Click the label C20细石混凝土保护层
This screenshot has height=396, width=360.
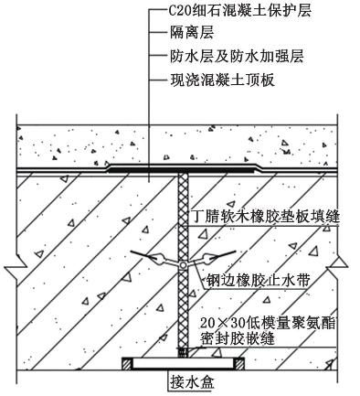click(x=240, y=11)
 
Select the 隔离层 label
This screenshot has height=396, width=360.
click(x=192, y=33)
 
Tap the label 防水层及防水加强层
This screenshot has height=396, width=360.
click(x=237, y=57)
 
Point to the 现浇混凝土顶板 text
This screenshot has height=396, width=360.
click(x=222, y=80)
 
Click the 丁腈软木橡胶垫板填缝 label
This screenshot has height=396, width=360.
click(x=264, y=217)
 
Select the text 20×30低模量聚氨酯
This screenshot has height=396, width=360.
click(x=268, y=323)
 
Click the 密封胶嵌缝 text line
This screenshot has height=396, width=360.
click(x=238, y=338)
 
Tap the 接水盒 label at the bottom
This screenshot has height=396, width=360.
click(x=192, y=382)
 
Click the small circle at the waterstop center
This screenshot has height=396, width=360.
click(x=183, y=265)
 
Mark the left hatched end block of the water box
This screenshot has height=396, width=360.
click(x=127, y=364)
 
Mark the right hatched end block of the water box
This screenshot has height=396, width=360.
click(x=239, y=364)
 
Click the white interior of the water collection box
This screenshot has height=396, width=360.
click(x=184, y=364)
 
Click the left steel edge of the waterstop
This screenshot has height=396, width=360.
click(x=143, y=256)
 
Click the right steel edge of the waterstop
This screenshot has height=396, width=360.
click(x=222, y=256)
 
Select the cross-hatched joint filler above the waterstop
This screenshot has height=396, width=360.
click(x=183, y=217)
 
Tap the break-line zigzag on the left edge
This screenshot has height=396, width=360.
click(x=16, y=268)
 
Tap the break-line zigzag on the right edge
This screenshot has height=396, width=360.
click(x=337, y=268)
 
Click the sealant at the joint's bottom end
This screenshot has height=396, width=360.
click(x=183, y=352)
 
